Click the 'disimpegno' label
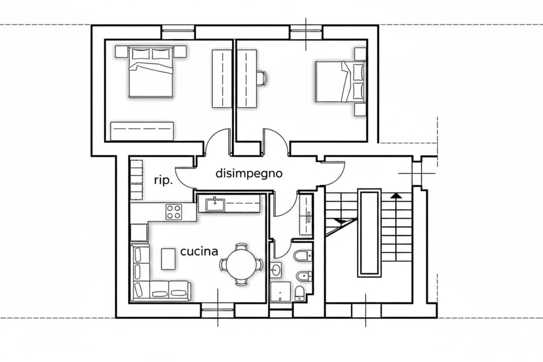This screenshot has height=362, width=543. pos(249,174)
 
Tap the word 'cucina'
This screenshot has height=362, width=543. pos(199,251)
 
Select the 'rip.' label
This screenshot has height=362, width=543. pos(164,181)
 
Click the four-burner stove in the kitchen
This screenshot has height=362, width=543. pos(174,212)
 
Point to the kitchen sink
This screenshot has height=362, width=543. pos(215,205)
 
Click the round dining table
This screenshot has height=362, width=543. pos(241,264)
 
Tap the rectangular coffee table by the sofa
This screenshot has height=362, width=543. pos(168,259)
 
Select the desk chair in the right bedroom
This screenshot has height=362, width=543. pos(262,78)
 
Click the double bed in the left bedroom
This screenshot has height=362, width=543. pos(151,71)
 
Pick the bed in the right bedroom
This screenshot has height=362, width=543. pos(340,82)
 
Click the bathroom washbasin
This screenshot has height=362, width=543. pos(276,269)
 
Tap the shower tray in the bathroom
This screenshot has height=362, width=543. pos(281,292)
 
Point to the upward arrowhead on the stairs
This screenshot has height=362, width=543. pos(396,195)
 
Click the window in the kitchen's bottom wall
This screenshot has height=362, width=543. pos(218,310)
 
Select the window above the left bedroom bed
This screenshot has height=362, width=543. pos(178,32)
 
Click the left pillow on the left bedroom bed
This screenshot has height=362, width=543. pos(141,54)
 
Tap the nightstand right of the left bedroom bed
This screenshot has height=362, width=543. pos(180,52)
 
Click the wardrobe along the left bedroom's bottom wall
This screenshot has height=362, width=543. pos(142,131)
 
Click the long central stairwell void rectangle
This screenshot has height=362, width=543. pos(369,233)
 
